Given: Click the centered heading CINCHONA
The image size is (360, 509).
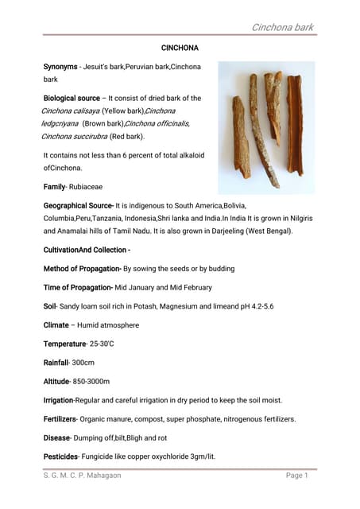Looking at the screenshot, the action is [180, 49].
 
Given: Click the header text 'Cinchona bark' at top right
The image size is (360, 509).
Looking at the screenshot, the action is [282, 27].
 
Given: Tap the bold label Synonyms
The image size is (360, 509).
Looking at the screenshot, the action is [60, 66].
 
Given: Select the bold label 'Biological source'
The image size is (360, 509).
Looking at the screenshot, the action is [72, 98].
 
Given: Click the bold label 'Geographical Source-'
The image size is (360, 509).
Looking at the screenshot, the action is [79, 205].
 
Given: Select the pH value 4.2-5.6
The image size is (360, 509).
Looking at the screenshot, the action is [257, 306].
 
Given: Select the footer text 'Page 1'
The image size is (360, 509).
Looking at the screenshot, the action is [296, 476].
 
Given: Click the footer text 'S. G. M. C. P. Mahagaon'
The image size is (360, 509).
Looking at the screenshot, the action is [83, 476].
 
